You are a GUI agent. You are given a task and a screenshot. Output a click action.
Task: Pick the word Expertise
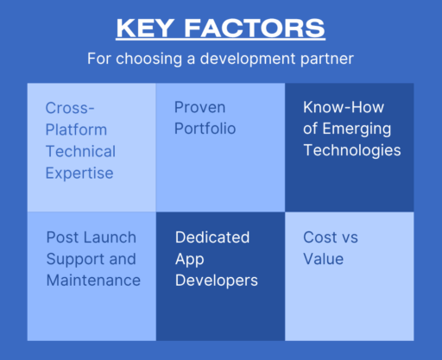pos(79,173)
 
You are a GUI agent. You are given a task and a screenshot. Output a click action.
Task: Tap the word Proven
pos(200,108)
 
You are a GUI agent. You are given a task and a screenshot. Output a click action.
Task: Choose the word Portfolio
pos(205,129)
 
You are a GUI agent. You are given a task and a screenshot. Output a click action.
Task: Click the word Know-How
pos(344,108)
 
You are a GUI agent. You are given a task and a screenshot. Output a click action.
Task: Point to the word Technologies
pos(351,151)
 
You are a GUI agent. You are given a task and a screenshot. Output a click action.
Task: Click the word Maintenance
pos(92,280)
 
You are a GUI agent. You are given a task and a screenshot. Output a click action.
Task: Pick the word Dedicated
pos(212,237)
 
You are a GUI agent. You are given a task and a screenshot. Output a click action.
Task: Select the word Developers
pos(216,280)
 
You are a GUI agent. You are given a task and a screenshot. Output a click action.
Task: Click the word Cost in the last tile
pos(320,237)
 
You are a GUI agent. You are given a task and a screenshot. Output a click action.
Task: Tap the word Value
pos(323,258)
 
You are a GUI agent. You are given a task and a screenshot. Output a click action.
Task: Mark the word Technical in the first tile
pos(80,151)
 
